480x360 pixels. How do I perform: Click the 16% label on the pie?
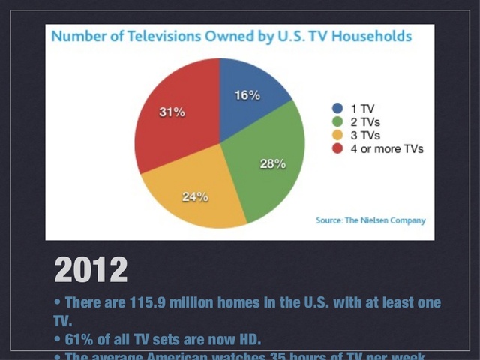(x=247, y=95)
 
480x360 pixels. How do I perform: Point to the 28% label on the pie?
(x=272, y=164)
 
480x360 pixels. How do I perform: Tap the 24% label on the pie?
(x=194, y=197)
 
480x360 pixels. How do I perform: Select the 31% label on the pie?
(x=172, y=112)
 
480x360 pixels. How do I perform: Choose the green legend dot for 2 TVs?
(x=337, y=121)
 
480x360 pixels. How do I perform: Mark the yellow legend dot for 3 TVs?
(x=337, y=135)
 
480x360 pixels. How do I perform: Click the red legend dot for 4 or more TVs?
(x=337, y=148)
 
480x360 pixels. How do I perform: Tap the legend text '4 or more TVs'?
(x=388, y=148)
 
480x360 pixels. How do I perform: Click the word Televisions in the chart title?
(x=157, y=36)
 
